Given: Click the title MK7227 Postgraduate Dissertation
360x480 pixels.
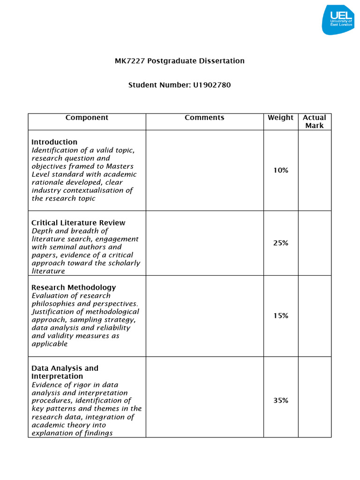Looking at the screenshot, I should (x=180, y=61).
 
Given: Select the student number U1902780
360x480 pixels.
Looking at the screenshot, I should (x=212, y=85).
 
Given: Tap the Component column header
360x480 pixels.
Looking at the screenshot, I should (x=87, y=118).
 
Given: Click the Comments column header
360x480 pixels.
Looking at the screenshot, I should (x=204, y=118).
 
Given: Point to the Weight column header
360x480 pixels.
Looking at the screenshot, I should (x=280, y=118).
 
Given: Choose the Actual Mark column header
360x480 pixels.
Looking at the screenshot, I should (x=315, y=122).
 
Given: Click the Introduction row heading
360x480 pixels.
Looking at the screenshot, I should (x=54, y=142).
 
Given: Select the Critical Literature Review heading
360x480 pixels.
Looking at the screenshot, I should (x=78, y=223).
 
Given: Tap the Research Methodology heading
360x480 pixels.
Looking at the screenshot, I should (x=74, y=287).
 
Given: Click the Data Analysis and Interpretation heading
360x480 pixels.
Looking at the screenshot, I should (x=65, y=372).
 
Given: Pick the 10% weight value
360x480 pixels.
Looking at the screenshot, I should (x=281, y=170).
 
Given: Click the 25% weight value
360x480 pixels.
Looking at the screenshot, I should (x=281, y=243).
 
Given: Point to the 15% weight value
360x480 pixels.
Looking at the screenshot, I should (x=281, y=315).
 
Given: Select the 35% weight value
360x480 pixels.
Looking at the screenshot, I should (x=281, y=400).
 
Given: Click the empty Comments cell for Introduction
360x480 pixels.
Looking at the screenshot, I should (x=204, y=170).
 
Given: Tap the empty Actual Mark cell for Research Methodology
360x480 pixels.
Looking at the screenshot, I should (x=315, y=315).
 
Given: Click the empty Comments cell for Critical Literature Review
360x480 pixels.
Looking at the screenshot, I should (x=204, y=243).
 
